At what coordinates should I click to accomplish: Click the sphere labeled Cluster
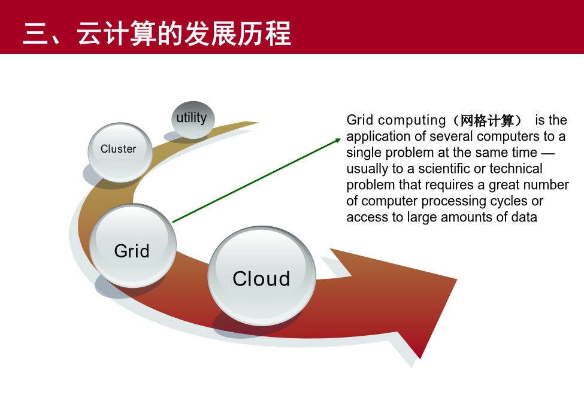coord(120,152)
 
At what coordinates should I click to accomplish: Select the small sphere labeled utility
coord(193,120)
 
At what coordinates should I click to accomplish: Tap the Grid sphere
coord(133,245)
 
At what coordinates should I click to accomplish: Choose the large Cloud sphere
coord(262,276)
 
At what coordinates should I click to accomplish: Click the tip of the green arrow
coord(341,139)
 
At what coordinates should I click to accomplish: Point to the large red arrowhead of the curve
coord(410,297)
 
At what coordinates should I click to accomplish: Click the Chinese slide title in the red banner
coord(157,34)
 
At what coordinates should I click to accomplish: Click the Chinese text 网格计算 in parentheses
coord(487,120)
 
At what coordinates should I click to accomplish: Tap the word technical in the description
coord(516,169)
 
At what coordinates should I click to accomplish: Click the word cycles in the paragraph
coord(509,201)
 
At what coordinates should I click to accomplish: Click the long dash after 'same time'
coord(548,153)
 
